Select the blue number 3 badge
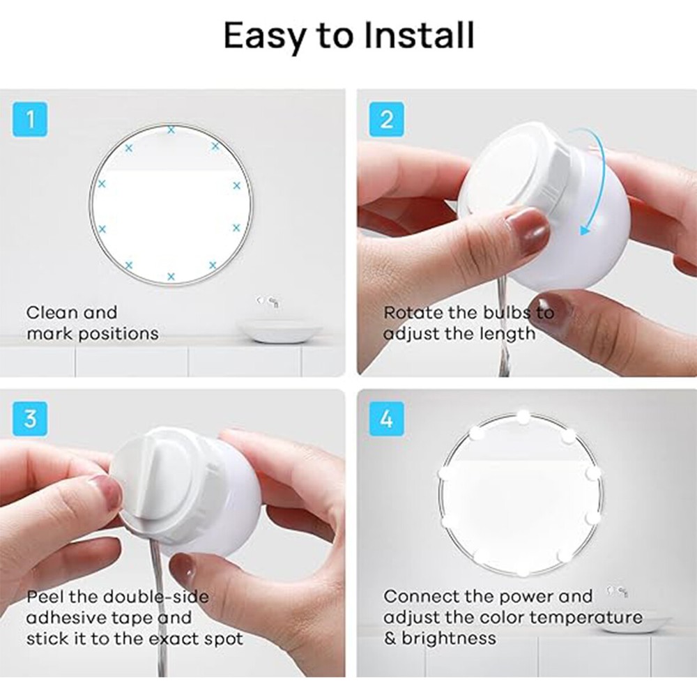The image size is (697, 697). click(30, 419)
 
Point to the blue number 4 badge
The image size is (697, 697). click(387, 419)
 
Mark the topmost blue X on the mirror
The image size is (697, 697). click(171, 130)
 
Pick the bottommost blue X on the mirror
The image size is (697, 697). click(171, 277)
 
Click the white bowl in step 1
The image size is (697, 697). click(279, 331)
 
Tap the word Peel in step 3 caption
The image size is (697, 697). click(47, 597)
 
